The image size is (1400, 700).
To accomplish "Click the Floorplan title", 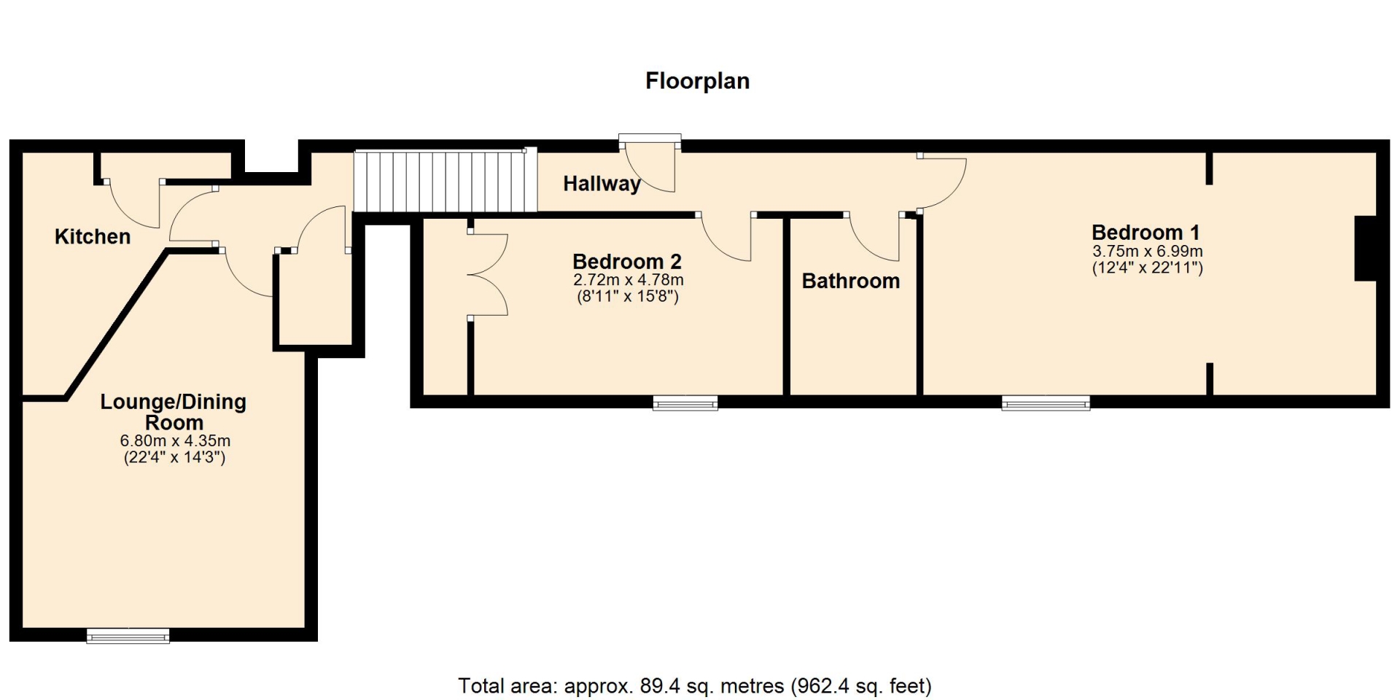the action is point(697,80).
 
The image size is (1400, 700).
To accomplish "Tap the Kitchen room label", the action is point(93,236).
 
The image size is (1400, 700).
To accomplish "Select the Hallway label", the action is point(602,184).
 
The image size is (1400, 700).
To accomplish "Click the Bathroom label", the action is point(851,281).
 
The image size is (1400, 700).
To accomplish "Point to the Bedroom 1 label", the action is point(1146,233).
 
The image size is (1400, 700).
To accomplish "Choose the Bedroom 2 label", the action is point(627,261).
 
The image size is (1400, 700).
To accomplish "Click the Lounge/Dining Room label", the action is point(174,412).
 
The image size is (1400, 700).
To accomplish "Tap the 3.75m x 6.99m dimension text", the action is point(1148,252).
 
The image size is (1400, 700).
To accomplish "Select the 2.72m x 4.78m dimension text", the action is point(629,280).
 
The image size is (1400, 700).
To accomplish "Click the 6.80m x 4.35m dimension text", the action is point(175,441).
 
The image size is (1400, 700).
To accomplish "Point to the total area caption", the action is point(695,686).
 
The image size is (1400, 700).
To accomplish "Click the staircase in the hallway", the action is point(446,181).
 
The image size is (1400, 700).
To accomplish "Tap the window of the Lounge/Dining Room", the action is point(128,636).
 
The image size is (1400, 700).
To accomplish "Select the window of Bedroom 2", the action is point(685,402).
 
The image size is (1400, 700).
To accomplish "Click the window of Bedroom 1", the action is point(1046,402).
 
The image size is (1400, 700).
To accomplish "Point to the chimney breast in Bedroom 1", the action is point(1365,249).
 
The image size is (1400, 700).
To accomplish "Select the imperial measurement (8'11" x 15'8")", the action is point(628,297).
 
